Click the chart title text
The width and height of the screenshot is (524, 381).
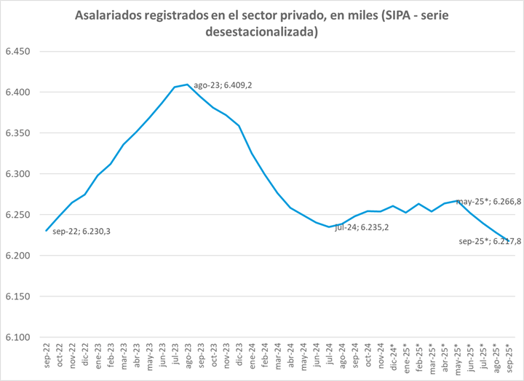click(x=262, y=24)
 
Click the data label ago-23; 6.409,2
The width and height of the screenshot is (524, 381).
click(x=223, y=85)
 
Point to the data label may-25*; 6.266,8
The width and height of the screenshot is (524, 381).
click(x=488, y=202)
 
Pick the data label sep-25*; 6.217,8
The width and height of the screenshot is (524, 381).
click(x=490, y=241)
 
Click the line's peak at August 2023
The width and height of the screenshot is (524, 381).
click(x=188, y=85)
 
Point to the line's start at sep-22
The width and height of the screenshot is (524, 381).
click(x=47, y=231)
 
